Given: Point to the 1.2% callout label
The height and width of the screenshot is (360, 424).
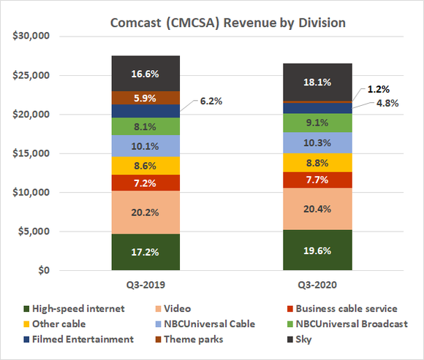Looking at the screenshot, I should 379,88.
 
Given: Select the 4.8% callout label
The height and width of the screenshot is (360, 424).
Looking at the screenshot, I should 386,103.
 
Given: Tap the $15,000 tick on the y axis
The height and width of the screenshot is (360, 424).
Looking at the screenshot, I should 33,153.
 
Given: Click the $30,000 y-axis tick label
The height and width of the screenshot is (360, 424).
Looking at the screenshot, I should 33,36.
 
